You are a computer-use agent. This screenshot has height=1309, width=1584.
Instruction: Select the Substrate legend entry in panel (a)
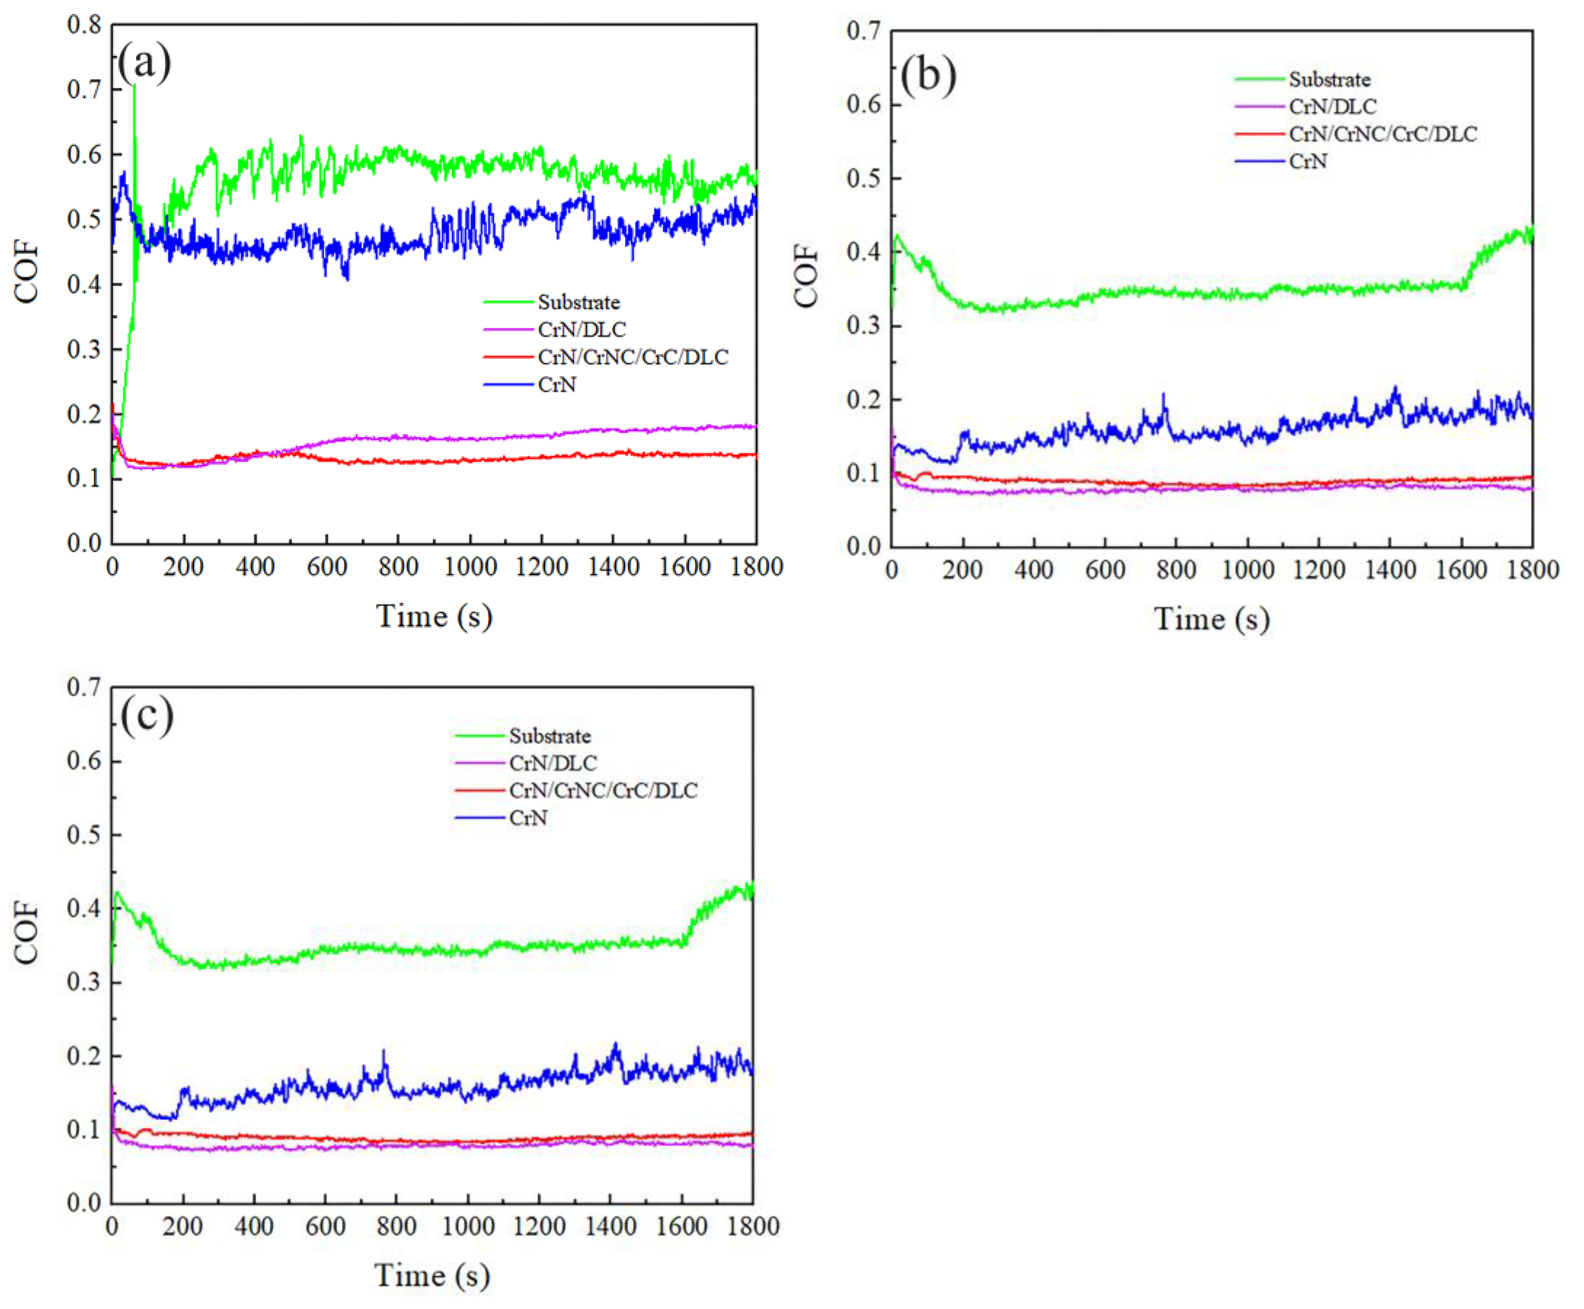(578, 302)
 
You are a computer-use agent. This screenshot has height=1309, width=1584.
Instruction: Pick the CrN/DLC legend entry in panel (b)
(1332, 107)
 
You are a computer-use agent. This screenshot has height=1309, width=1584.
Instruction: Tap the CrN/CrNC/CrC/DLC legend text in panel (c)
(604, 790)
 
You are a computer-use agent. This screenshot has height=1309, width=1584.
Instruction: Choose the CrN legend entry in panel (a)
(556, 384)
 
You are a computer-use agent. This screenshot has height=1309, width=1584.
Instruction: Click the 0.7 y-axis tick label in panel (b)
(864, 31)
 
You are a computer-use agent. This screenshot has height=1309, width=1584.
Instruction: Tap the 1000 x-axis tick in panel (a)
(470, 566)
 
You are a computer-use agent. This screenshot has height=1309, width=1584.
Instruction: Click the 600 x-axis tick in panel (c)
(325, 1226)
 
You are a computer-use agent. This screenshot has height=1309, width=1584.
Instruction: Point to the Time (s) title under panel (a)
(435, 616)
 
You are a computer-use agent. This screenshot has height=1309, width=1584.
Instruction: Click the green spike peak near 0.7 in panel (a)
(134, 88)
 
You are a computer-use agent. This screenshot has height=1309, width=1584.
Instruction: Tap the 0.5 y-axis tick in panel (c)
(84, 835)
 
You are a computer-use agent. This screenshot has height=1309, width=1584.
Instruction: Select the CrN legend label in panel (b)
(1308, 161)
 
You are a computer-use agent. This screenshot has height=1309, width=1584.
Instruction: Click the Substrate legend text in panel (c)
(550, 736)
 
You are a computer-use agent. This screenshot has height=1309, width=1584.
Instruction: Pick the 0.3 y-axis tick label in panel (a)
(84, 349)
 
